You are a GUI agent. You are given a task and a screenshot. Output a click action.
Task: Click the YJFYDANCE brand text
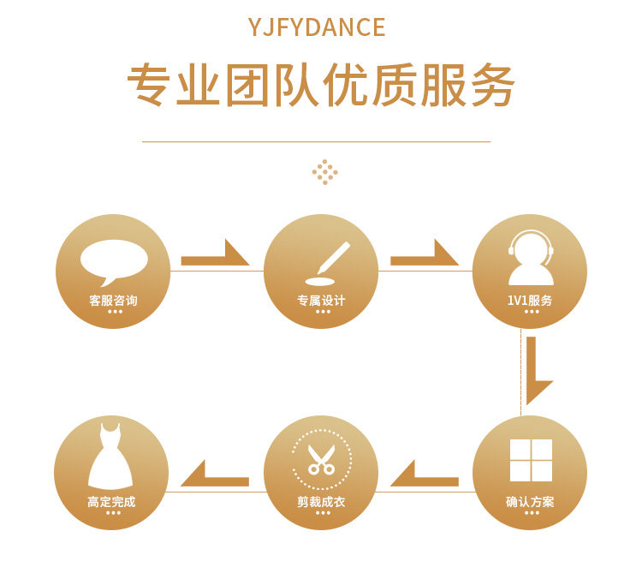pos(317,27)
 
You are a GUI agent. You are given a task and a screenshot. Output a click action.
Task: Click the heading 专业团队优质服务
pos(321,86)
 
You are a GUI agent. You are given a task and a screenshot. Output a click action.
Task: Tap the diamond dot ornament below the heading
pos(325,171)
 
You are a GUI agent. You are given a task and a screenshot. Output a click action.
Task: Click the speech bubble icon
pos(114,260)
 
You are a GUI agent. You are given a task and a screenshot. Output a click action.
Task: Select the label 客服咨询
pos(113,301)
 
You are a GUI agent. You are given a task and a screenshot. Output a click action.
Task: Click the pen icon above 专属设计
pos(329,262)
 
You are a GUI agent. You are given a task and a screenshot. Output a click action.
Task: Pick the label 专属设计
pos(321,301)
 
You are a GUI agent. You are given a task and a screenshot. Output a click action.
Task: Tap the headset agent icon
pos(531,258)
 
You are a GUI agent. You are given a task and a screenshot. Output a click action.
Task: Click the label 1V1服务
pos(530,301)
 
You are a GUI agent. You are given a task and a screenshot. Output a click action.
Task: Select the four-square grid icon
pos(531,461)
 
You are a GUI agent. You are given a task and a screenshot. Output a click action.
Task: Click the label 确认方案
pos(530,502)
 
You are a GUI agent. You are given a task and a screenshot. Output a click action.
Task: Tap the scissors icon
pos(322,458)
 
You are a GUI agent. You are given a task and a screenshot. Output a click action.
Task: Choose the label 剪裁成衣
pos(321,502)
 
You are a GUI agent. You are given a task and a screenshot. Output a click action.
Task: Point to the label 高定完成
pos(111,502)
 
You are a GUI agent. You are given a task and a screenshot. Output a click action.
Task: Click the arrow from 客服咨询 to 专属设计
pos(216,255)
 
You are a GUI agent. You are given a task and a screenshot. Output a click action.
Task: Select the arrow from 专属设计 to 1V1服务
pos(425,255)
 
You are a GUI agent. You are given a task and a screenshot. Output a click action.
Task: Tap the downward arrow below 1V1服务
pos(536,370)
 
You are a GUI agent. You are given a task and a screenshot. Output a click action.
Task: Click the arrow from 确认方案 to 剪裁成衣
pos(425,476)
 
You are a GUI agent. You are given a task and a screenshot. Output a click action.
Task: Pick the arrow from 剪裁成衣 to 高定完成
pos(215,476)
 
